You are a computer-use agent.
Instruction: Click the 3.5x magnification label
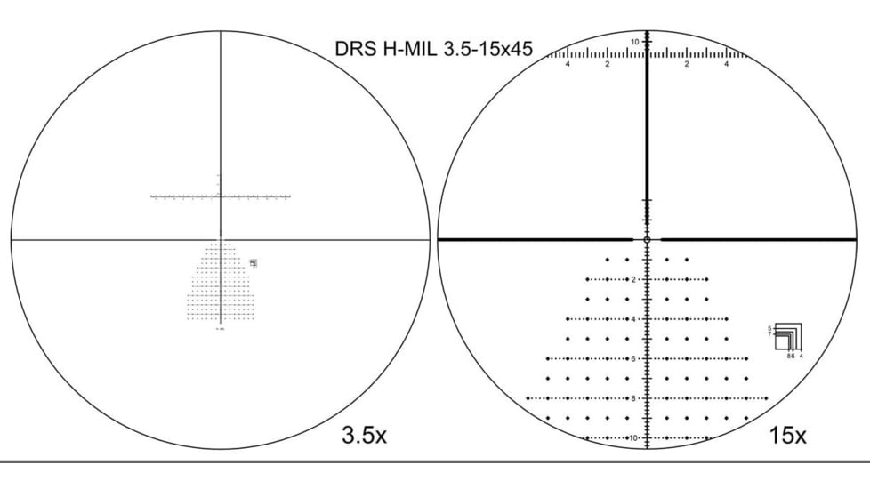tap(365, 436)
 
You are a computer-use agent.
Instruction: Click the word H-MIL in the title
tap(400, 48)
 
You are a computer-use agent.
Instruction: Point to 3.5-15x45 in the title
tap(481, 48)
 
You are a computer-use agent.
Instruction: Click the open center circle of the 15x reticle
tap(647, 239)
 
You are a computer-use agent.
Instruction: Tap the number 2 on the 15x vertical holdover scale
tap(633, 279)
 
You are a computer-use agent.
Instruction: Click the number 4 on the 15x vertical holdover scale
tap(633, 318)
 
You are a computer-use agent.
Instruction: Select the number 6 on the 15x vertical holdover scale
tap(633, 358)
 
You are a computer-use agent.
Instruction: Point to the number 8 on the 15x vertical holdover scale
tap(633, 398)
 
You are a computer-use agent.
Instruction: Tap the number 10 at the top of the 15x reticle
tap(635, 42)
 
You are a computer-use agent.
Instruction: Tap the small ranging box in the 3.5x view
tap(254, 262)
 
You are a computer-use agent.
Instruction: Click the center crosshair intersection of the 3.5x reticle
tap(220, 239)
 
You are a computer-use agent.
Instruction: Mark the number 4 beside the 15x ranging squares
tap(802, 356)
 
